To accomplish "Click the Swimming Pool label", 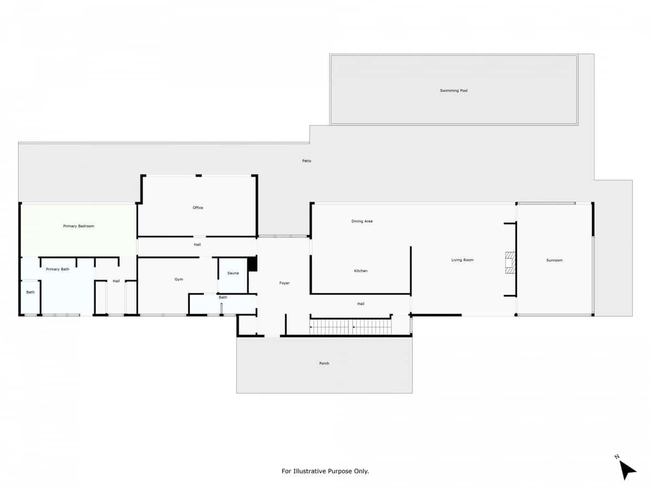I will coord(454,91).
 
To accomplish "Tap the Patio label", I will coord(307,161).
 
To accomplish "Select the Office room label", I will coord(198,208).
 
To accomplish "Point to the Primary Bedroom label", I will coord(79,226).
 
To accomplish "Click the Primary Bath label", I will coord(58,269).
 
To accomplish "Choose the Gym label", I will coord(178,279).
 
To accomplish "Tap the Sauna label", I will coord(233,273).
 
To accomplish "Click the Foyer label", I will coord(284,283).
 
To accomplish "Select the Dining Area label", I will coord(362,221).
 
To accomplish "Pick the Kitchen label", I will coord(361,271).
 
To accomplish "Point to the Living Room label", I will coord(462,260).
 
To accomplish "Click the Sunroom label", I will coord(554,260).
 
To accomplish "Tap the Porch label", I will coord(324,363).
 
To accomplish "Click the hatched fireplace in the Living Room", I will coord(509,262).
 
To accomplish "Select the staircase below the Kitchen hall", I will coord(350,327).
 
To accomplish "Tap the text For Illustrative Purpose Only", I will coord(325,471).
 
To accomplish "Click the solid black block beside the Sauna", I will coord(252,264).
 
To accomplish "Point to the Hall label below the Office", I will coord(197,245).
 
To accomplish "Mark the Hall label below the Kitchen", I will coord(361,304).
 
